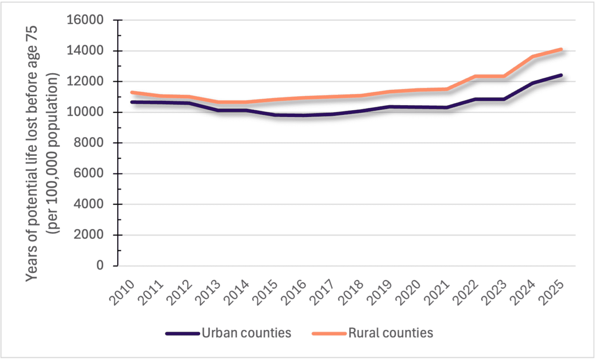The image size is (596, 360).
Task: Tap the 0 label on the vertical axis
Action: (100, 266)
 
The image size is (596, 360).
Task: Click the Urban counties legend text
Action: (246, 332)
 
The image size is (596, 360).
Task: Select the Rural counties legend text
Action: (390, 332)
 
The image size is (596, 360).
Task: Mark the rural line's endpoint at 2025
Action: (562, 49)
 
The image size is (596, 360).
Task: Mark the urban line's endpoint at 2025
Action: (562, 75)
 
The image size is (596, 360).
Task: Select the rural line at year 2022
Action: (475, 77)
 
